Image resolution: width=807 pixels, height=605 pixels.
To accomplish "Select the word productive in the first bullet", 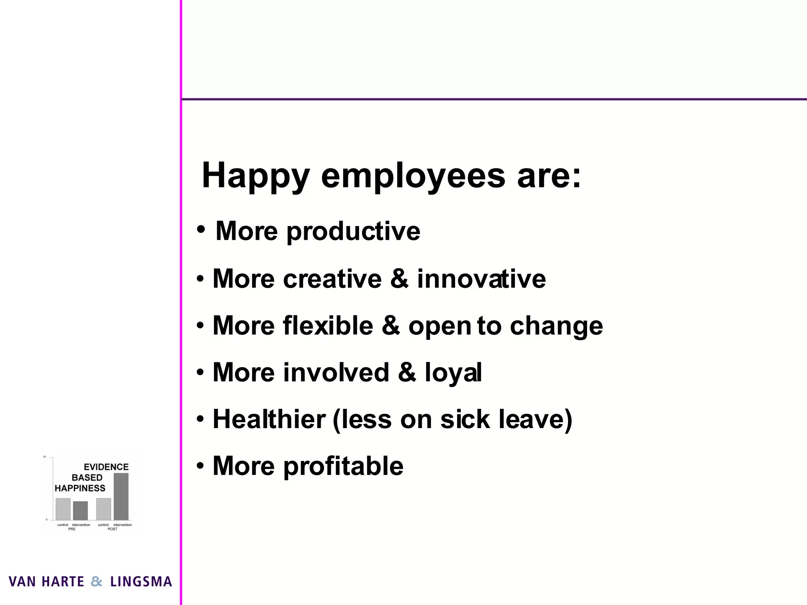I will [353, 231].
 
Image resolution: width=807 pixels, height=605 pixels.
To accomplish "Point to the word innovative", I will [481, 279].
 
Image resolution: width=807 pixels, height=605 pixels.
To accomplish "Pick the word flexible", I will [328, 326].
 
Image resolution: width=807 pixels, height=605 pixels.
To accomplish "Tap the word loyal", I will [453, 373].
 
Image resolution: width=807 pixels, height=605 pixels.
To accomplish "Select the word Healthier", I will [269, 419].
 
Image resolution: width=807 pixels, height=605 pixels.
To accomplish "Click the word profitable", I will [343, 466].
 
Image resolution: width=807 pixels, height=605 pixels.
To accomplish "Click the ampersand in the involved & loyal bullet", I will [407, 373].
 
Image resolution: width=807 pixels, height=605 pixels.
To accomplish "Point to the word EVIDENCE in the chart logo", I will [106, 467].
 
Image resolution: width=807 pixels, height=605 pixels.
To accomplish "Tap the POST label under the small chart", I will [112, 529].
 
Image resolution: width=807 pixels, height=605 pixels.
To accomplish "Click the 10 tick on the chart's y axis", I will [45, 457].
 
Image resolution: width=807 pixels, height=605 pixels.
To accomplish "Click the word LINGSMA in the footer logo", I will [141, 582].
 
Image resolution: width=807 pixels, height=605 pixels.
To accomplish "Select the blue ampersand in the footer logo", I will [97, 582].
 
